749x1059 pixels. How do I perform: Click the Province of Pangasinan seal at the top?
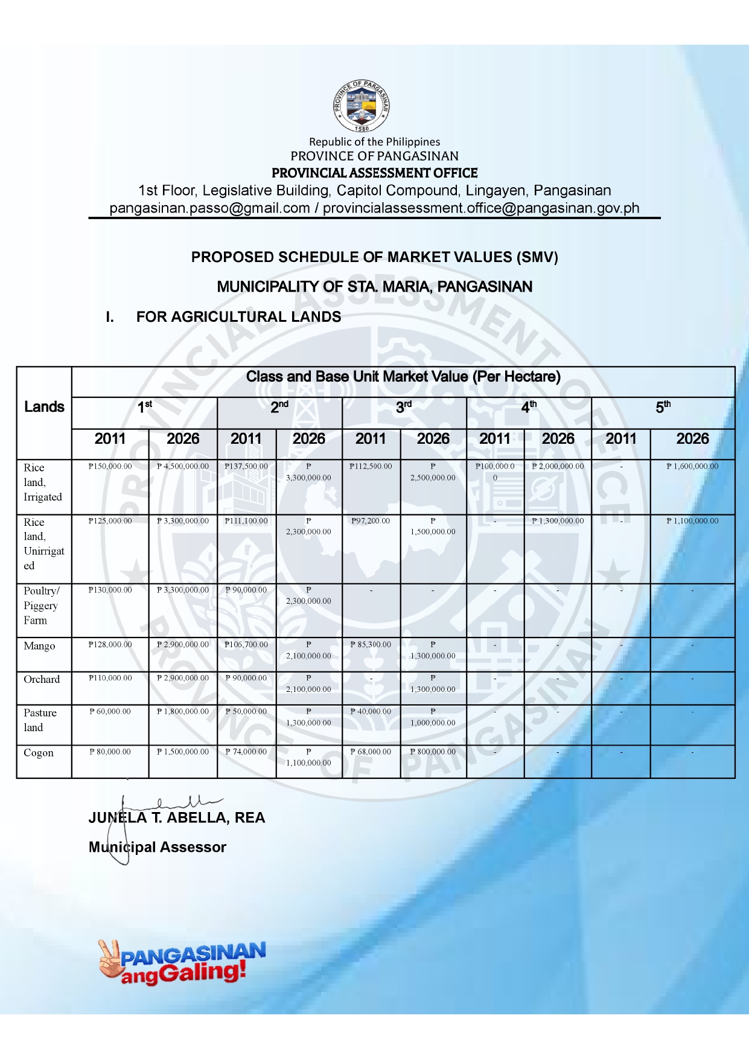coord(362,106)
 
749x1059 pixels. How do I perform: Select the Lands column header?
coord(44,407)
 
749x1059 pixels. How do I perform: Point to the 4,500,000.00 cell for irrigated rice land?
coord(183,467)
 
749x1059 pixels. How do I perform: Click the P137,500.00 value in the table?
coord(246,467)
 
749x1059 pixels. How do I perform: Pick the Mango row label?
coord(39,646)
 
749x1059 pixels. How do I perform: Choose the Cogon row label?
coord(39,753)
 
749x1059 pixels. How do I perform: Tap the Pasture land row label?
coord(40,720)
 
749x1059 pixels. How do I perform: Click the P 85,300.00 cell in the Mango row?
coord(371,645)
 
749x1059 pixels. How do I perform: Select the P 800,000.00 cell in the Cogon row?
coord(433,752)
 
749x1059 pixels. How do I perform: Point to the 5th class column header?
coord(663,408)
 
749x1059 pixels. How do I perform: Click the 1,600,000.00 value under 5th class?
coord(692,467)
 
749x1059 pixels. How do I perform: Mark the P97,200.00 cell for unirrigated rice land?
coord(371,521)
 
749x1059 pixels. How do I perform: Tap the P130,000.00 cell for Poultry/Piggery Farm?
coord(110,590)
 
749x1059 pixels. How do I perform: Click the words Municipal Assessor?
coord(158,847)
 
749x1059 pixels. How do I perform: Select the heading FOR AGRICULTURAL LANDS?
coord(238,317)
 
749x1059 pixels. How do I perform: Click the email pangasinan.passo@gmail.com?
coord(209,208)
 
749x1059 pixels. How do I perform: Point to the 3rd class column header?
coord(404,408)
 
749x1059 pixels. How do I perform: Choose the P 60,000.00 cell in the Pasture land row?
coord(110,712)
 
